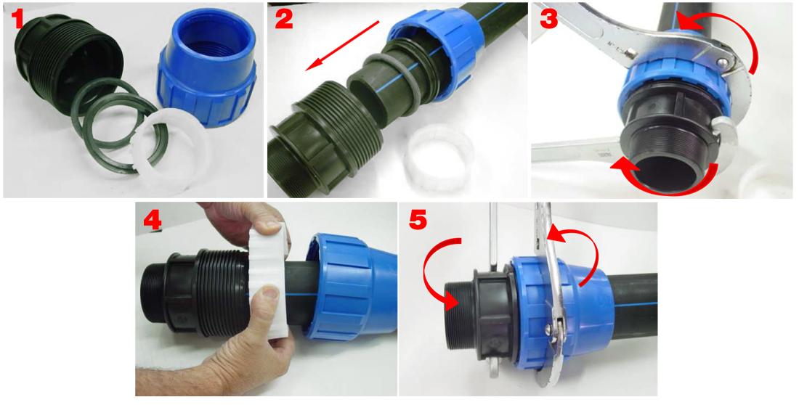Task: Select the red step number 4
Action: click(153, 220)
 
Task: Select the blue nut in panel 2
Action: click(436, 54)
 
